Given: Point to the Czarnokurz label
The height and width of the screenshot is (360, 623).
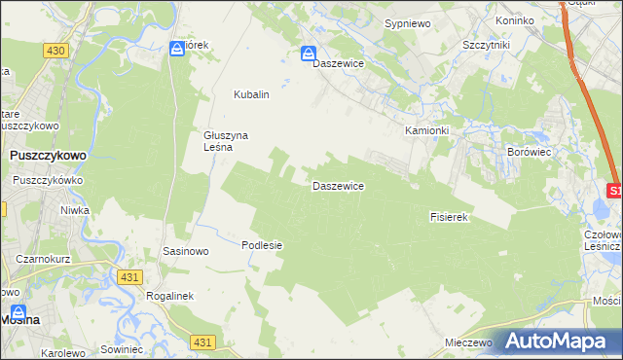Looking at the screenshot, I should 42,259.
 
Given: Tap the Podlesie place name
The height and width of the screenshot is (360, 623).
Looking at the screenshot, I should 262,245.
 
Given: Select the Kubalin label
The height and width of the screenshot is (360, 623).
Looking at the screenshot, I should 251,94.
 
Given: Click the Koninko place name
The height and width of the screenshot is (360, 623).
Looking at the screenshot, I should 514,20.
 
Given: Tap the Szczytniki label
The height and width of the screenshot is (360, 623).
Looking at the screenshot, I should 488,46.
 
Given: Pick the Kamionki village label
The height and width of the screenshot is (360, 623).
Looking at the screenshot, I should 426,130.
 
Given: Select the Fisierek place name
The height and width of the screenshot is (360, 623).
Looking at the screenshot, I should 450,218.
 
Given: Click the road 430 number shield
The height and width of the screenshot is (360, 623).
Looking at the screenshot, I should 55,50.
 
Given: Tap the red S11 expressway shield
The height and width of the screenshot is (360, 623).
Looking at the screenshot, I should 614,191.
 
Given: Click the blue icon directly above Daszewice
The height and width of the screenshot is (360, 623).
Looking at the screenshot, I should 309,54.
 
